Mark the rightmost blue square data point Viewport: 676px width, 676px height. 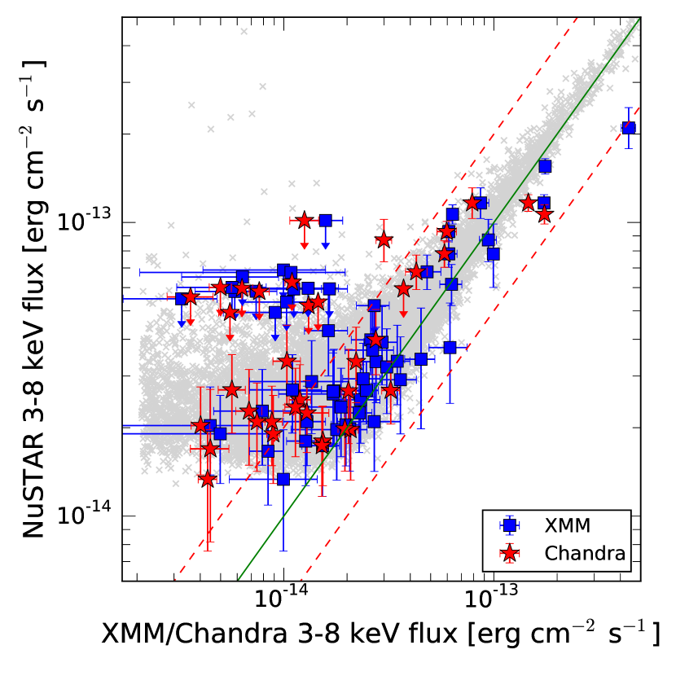click(628, 128)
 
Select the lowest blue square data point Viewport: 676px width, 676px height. click(283, 478)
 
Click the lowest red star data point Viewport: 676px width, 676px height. click(208, 479)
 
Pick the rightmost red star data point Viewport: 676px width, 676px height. click(544, 214)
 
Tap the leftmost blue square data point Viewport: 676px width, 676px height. click(182, 299)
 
